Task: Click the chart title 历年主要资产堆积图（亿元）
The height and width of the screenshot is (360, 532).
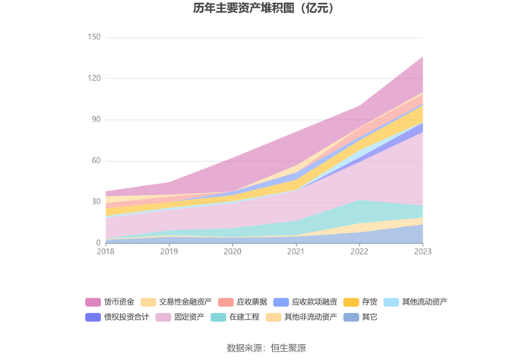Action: [266, 10]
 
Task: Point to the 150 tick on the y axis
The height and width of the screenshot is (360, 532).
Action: [94, 37]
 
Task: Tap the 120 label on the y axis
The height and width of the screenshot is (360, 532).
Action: [94, 78]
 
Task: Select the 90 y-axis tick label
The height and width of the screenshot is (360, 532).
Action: [97, 119]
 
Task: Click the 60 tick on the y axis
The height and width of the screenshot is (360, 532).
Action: [97, 161]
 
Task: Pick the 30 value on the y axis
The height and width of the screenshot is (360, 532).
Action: [97, 202]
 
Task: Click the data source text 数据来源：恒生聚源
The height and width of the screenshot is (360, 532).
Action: [266, 348]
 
